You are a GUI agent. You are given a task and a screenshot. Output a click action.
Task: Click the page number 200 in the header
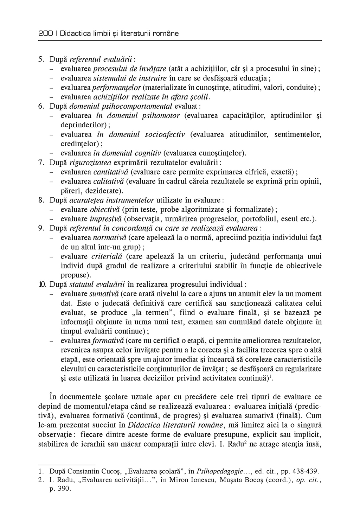coord(45,34)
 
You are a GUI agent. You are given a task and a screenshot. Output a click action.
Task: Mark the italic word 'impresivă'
coord(105,219)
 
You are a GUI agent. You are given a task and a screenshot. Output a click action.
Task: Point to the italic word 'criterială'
coord(105,256)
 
